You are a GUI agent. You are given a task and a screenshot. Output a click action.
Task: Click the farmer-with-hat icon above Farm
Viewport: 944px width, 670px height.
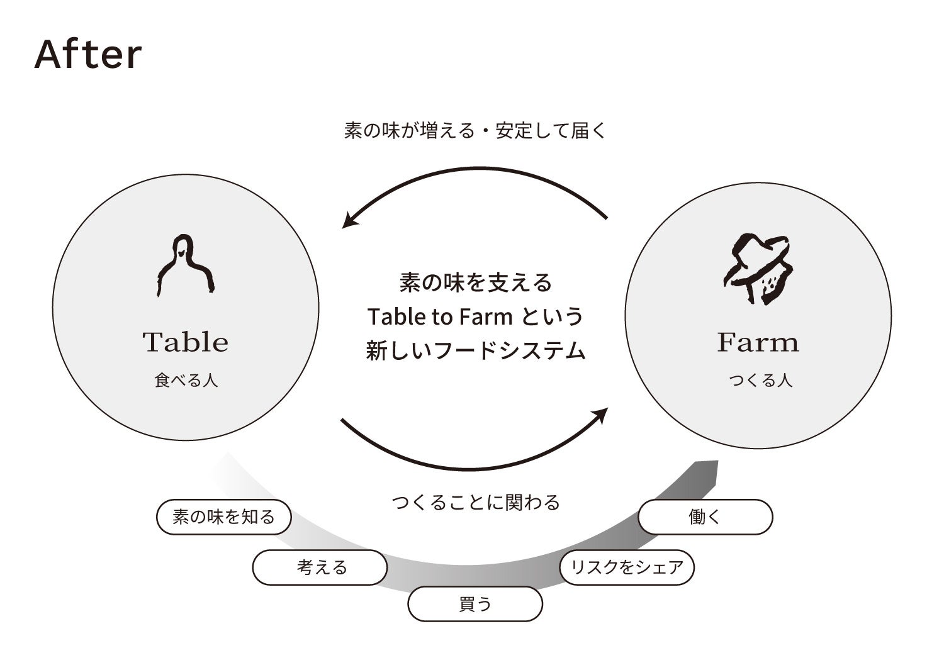tap(757, 269)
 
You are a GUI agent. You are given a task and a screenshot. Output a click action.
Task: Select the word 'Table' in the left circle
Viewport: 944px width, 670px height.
tap(185, 342)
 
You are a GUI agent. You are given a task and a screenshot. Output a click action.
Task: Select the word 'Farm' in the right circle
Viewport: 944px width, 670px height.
tap(758, 342)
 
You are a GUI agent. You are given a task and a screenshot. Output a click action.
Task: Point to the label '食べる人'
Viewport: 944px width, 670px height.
tap(186, 381)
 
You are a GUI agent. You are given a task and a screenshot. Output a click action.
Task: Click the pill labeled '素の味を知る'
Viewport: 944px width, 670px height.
tap(223, 517)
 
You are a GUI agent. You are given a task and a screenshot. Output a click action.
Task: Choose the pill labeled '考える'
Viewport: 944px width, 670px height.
tap(320, 567)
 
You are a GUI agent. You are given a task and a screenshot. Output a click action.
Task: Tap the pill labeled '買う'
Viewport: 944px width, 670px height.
tap(475, 604)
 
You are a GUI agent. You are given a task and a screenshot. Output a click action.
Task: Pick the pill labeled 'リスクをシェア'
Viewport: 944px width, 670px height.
tap(626, 567)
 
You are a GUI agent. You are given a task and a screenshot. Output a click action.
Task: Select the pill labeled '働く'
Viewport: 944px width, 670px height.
tap(705, 517)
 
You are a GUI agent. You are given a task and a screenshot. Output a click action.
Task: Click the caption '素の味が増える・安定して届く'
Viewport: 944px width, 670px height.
tap(475, 131)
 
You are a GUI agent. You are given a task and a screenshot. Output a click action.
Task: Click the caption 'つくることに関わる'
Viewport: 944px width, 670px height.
tap(475, 502)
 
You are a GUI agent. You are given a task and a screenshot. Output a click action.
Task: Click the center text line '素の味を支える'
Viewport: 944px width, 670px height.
tap(475, 282)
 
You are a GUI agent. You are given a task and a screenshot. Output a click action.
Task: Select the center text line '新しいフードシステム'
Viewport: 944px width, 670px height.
tap(475, 350)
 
